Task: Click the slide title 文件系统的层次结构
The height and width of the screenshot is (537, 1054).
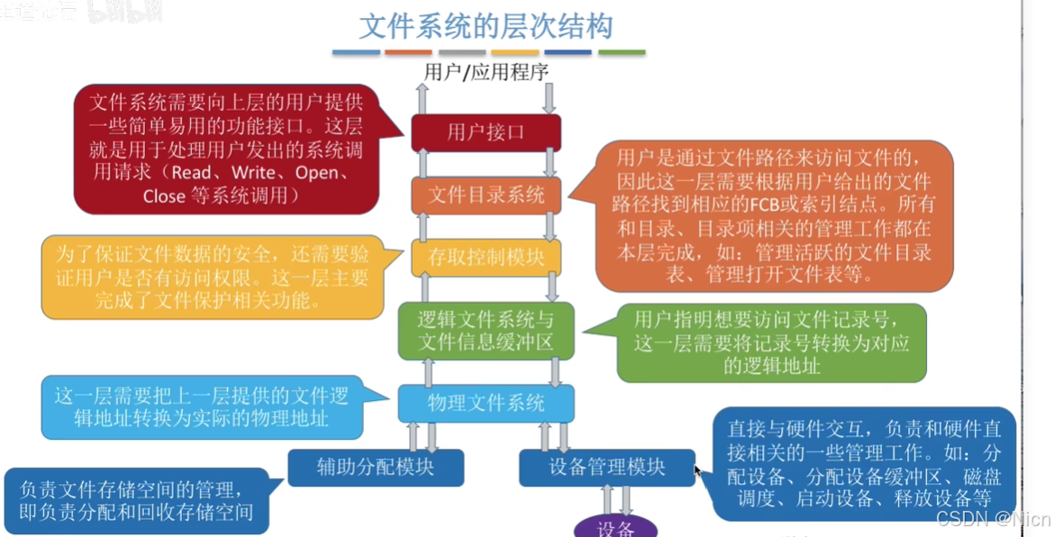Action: click(486, 25)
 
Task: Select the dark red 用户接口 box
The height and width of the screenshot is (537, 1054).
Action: click(486, 132)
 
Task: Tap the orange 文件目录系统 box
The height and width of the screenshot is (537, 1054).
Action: click(486, 195)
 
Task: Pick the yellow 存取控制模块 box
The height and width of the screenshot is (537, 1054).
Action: click(486, 257)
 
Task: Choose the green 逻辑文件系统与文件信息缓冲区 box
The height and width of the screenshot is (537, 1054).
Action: click(486, 331)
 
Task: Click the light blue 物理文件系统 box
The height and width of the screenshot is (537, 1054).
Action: click(486, 403)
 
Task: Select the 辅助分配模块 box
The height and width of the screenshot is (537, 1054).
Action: click(376, 467)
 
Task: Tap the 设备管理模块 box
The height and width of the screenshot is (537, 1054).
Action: click(607, 467)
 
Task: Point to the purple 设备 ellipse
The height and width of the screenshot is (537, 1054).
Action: click(616, 527)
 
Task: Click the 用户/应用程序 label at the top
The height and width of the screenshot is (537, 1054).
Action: click(486, 72)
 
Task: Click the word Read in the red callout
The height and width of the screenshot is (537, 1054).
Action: click(192, 173)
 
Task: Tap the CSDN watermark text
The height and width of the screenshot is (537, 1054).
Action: click(993, 518)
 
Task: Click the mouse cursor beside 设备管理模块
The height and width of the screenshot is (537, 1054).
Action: click(697, 469)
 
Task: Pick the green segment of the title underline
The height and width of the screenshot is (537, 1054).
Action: click(622, 52)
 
